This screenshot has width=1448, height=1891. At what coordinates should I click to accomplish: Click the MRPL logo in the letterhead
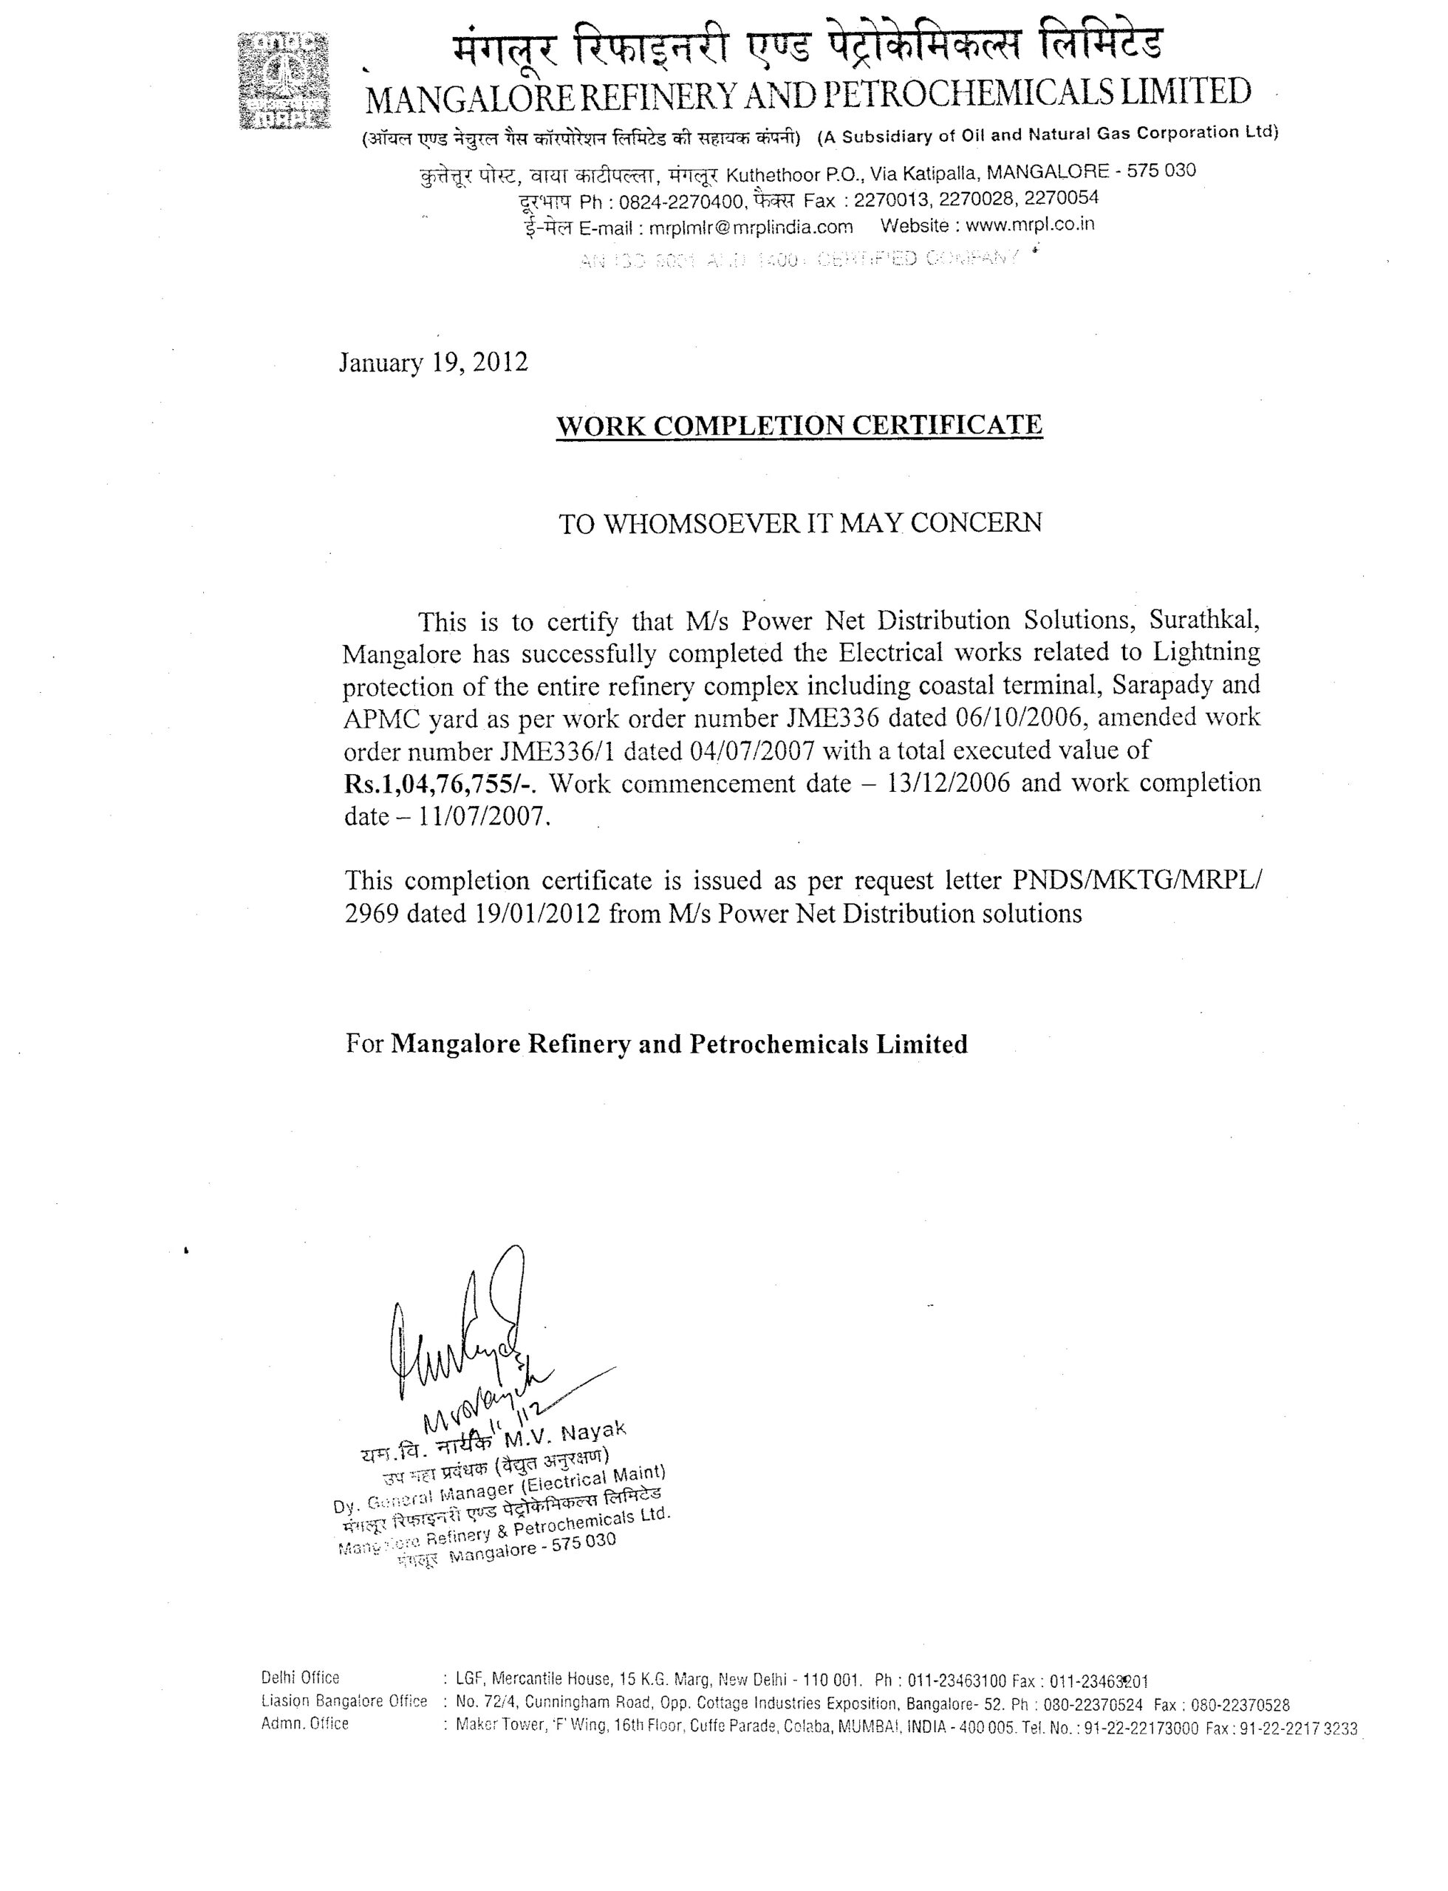coord(284,81)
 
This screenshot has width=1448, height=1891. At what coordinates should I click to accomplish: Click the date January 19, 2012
coord(433,362)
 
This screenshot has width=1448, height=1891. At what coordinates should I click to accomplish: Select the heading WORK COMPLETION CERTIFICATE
coord(799,425)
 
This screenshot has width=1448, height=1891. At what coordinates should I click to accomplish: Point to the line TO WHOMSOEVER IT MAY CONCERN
coord(800,523)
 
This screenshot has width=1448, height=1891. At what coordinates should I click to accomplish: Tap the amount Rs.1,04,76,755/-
coord(440,784)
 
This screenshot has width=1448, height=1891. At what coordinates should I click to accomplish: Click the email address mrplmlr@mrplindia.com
coord(751,228)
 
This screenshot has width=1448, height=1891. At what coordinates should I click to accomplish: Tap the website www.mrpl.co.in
coord(1030,226)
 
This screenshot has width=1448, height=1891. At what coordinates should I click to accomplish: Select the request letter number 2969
coord(372,914)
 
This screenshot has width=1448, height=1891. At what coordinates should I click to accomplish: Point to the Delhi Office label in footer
coord(300,1678)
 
